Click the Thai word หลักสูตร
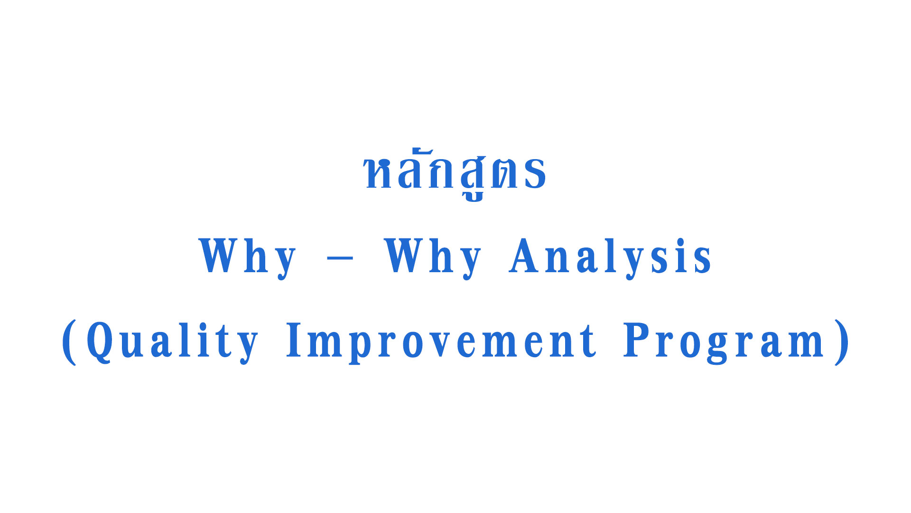click(x=455, y=173)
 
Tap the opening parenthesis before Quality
click(x=69, y=342)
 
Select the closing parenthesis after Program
click(x=842, y=342)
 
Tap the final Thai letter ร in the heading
click(x=535, y=173)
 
